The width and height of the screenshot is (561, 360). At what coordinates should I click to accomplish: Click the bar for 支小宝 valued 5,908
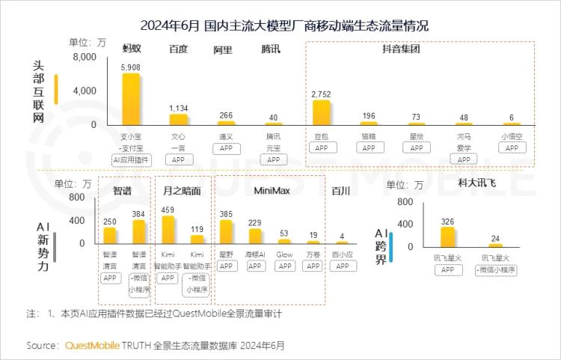[x=131, y=99]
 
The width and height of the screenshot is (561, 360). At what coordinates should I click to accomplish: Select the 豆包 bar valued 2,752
[x=322, y=112]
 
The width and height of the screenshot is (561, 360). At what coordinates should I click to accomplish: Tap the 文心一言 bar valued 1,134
[x=178, y=119]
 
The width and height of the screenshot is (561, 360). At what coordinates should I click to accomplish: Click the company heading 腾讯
[x=272, y=50]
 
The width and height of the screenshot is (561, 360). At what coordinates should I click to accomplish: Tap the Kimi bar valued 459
[x=168, y=230]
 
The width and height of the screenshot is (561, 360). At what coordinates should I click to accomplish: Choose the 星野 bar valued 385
[x=226, y=232]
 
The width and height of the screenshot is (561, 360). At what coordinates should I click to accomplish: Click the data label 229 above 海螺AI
[x=255, y=222]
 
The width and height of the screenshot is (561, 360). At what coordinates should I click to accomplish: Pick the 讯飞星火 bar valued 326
[x=447, y=237]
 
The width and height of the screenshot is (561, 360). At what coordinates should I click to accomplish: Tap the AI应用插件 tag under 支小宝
[x=131, y=159]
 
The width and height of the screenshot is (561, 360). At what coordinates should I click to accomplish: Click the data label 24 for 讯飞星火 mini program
[x=494, y=239]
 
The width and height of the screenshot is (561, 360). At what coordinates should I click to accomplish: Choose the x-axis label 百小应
[x=342, y=254]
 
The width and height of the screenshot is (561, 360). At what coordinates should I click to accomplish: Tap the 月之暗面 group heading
[x=182, y=191]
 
